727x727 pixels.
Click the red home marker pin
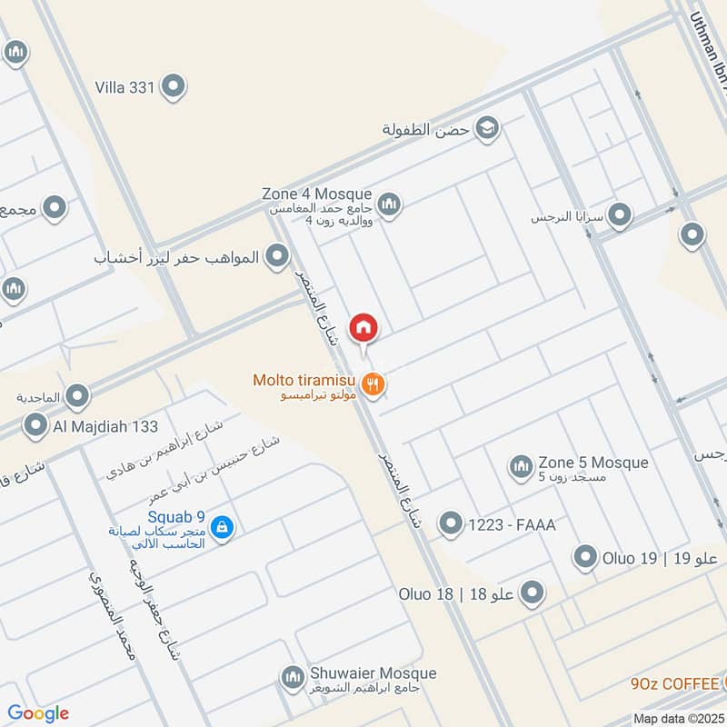(363, 325)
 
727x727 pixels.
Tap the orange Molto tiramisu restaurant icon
(372, 384)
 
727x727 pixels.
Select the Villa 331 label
(126, 87)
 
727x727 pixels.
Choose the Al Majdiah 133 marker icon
(36, 425)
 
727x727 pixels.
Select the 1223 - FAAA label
(511, 524)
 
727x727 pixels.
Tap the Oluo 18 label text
(425, 594)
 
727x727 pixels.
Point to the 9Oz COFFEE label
(674, 683)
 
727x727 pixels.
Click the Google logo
(38, 713)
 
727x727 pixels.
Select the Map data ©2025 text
(678, 718)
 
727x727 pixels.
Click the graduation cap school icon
(487, 128)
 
